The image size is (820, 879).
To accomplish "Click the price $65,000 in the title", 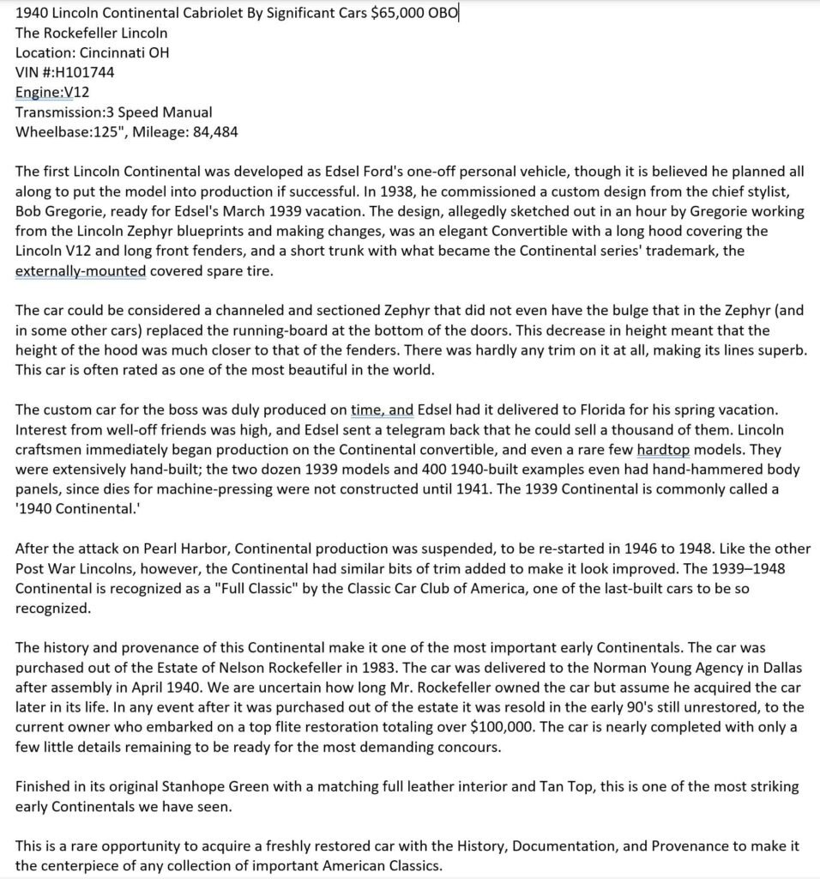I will pyautogui.click(x=401, y=14).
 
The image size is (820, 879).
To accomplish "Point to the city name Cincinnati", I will pyautogui.click(x=114, y=52).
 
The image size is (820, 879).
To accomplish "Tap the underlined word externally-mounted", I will pyautogui.click(x=81, y=270).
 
